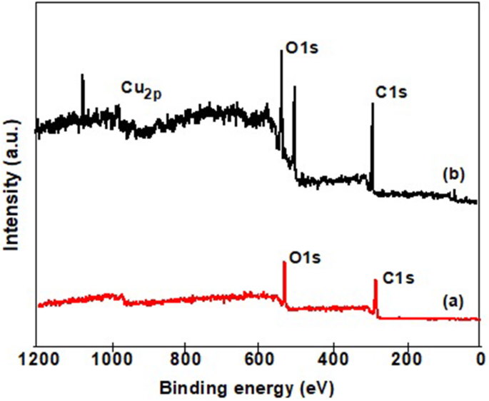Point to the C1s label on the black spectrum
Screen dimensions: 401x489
391,93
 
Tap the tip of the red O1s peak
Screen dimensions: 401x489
284,262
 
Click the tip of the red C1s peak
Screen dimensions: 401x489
375,280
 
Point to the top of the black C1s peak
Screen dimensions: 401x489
372,103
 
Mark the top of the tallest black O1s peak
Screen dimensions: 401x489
281,50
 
